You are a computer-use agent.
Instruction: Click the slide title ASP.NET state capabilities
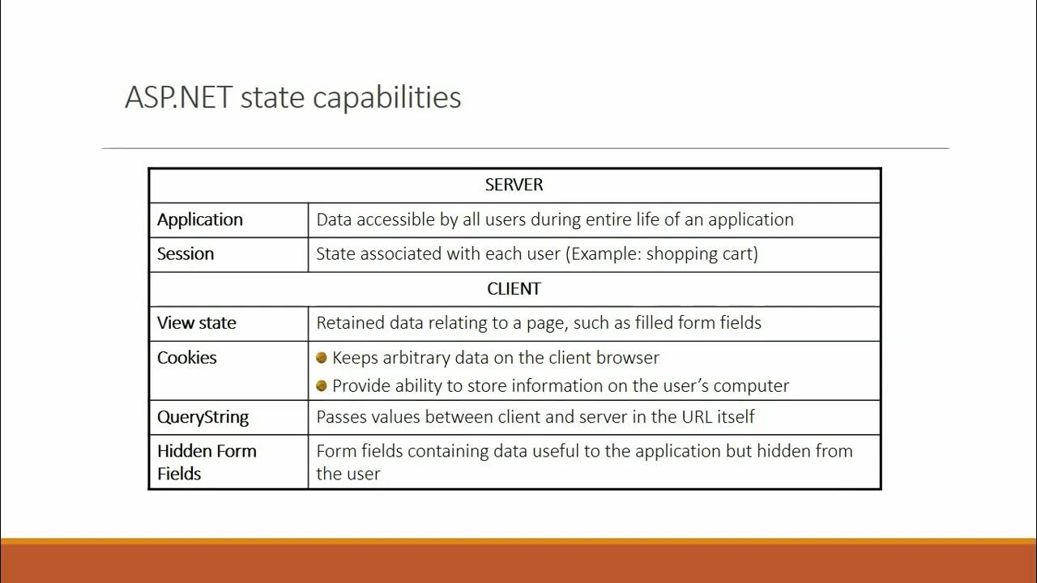coord(292,98)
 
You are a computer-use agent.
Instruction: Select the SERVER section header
coord(514,185)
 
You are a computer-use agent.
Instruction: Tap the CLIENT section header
coord(514,289)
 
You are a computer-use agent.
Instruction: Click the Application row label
coord(200,220)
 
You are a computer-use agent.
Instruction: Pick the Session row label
coord(186,254)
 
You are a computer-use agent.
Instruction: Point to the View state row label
coord(197,323)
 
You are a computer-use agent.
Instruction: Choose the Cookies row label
coord(187,358)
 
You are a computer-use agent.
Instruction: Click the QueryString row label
coord(203,418)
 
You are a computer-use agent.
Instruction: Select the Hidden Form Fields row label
coord(207,462)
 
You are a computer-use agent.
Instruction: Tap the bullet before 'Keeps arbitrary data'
coord(322,358)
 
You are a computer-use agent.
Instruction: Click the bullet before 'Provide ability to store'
coord(322,386)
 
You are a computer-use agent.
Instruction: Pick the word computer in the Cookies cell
coord(752,386)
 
